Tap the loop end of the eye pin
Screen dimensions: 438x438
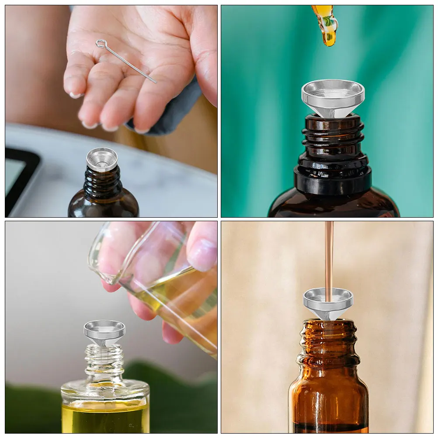(x=101, y=43)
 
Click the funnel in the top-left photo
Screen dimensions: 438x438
(x=102, y=159)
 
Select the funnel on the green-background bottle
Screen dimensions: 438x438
(x=333, y=97)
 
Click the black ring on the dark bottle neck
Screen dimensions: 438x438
(x=333, y=179)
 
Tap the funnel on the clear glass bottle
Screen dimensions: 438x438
(x=104, y=332)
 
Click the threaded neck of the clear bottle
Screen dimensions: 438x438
(x=104, y=361)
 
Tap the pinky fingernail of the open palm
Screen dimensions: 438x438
(x=75, y=94)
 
